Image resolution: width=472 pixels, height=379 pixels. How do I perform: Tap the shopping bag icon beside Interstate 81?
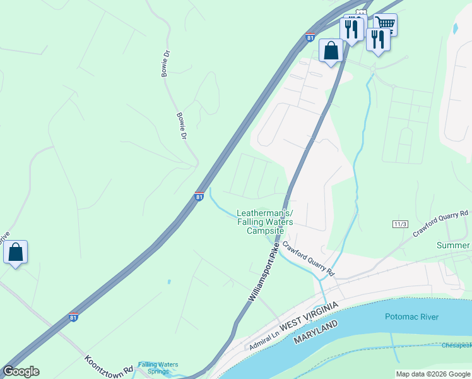[331, 50]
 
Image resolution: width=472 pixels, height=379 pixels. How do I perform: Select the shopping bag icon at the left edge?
[15, 252]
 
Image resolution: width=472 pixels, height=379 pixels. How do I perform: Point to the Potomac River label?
[411, 316]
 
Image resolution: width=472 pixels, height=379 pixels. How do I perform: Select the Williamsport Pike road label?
[264, 274]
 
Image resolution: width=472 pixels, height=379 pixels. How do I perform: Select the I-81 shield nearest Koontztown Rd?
[74, 317]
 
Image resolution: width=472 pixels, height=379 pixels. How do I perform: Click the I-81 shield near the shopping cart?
[310, 38]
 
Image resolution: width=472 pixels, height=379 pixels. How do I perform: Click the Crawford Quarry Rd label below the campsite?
[307, 259]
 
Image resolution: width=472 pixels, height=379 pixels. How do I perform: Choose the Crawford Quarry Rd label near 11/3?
[442, 224]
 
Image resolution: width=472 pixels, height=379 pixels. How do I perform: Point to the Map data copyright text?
[433, 374]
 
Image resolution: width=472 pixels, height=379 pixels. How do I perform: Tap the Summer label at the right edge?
[454, 245]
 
